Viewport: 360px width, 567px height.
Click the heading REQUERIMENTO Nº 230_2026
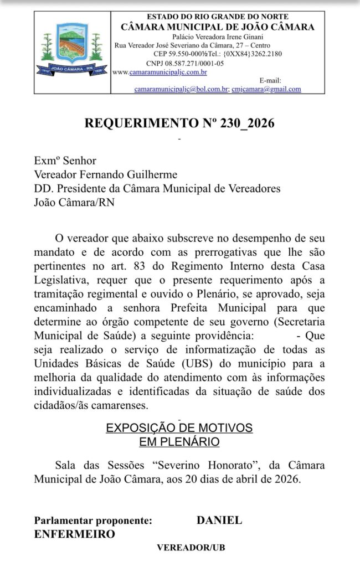179,123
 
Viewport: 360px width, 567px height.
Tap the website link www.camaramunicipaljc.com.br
160,72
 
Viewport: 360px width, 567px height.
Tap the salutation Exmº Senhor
65,161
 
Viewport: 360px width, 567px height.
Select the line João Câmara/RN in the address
75,202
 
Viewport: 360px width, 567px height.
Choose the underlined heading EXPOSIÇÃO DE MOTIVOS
179,428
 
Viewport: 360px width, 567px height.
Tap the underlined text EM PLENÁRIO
179,441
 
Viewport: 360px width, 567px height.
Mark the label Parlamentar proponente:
92,520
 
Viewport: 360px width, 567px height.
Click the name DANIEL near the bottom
219,520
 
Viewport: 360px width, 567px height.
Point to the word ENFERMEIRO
75,534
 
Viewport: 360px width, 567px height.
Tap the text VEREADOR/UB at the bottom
191,548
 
